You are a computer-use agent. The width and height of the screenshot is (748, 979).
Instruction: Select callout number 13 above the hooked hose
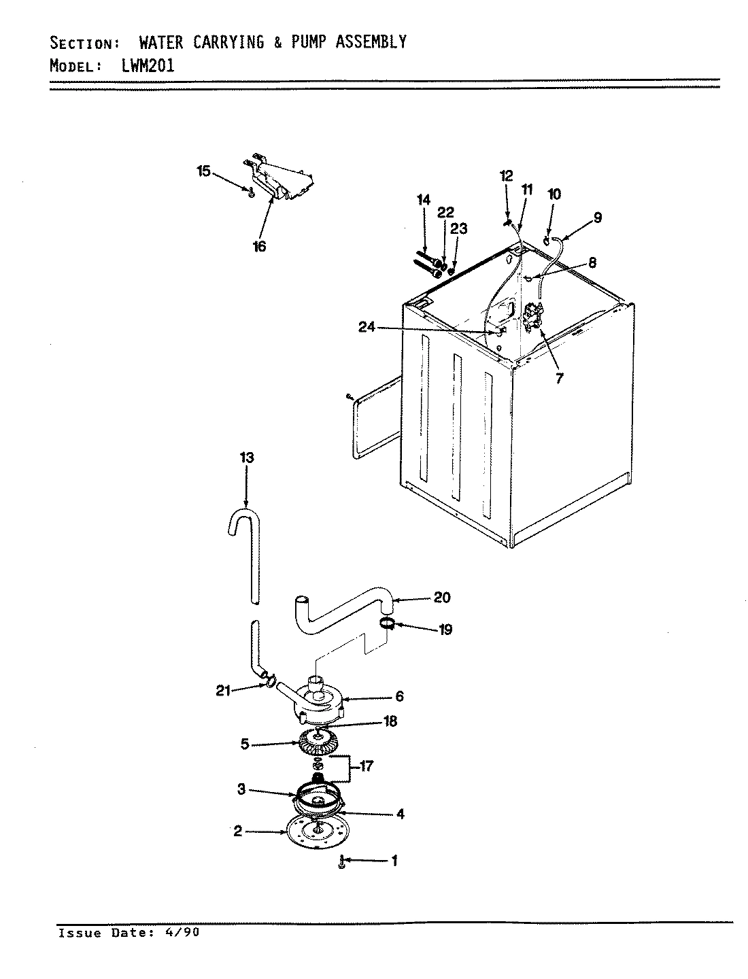click(247, 458)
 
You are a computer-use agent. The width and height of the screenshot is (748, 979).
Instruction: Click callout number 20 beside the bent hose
click(442, 598)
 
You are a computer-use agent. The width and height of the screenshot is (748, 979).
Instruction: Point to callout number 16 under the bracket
click(260, 246)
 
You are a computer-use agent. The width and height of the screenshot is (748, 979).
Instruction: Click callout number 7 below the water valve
click(560, 379)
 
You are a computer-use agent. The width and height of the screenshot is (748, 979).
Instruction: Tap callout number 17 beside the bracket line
click(367, 766)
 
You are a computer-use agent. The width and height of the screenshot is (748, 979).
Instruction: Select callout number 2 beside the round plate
click(238, 831)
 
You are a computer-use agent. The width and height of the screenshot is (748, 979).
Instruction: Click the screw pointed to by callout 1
click(342, 863)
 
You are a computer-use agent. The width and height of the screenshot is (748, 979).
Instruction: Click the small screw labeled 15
click(251, 193)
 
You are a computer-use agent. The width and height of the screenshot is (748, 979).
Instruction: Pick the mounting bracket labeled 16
click(286, 180)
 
